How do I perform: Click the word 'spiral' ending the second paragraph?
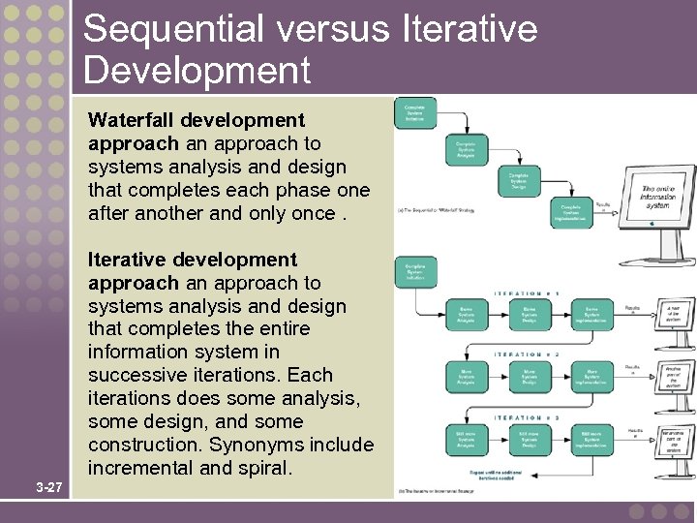point(267,468)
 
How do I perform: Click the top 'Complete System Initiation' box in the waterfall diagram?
point(414,113)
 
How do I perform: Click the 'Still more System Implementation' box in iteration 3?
point(591,439)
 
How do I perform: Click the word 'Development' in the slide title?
point(197,71)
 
